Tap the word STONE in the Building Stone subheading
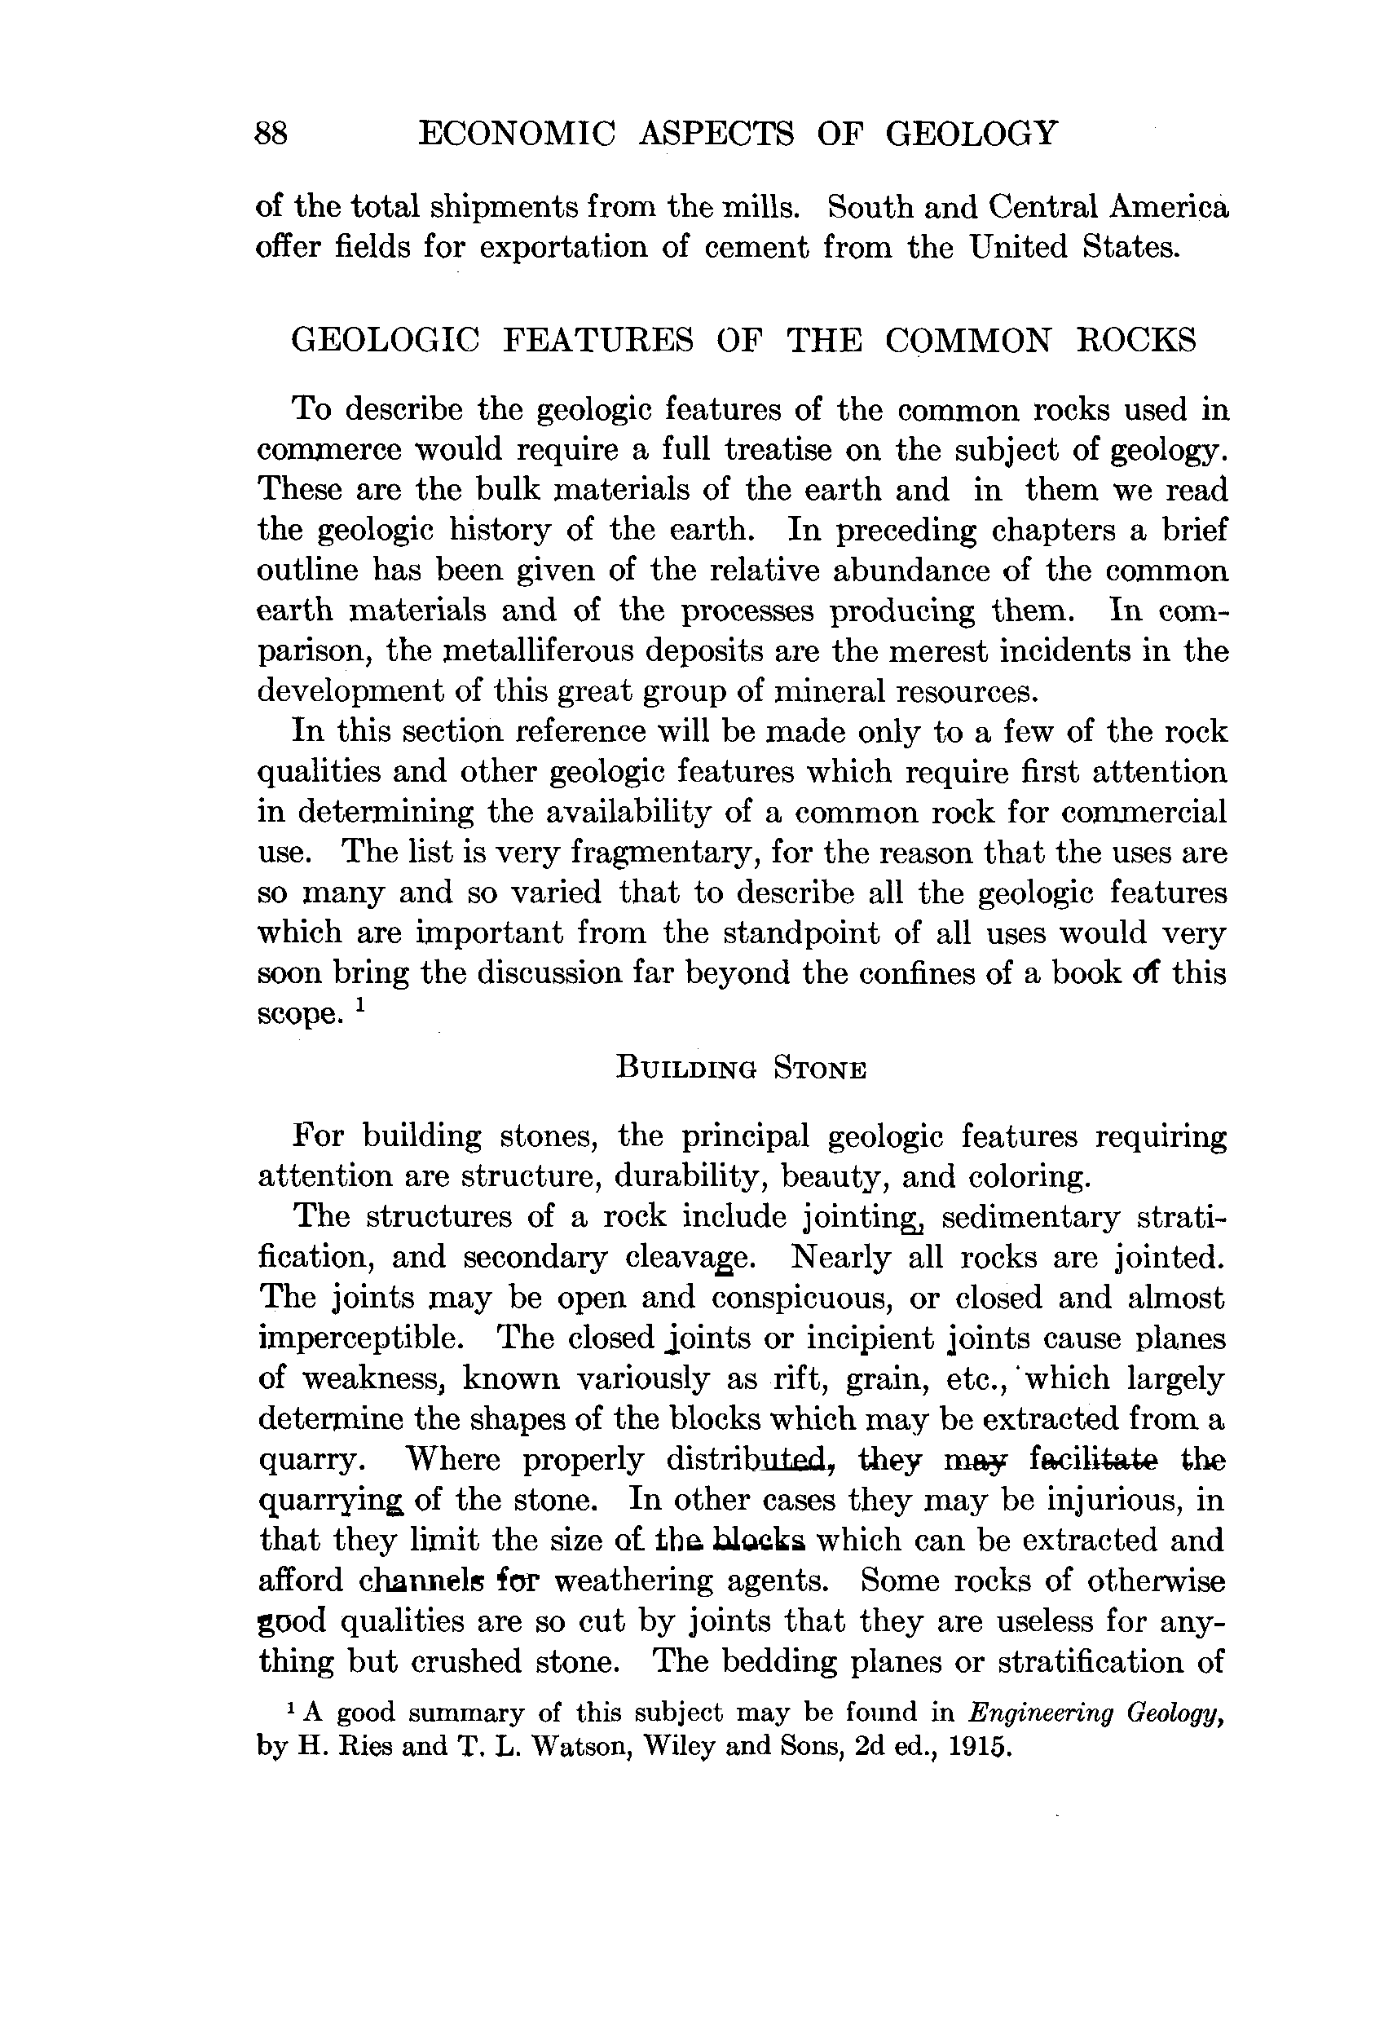pos(819,1069)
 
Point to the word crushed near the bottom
pos(466,1662)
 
